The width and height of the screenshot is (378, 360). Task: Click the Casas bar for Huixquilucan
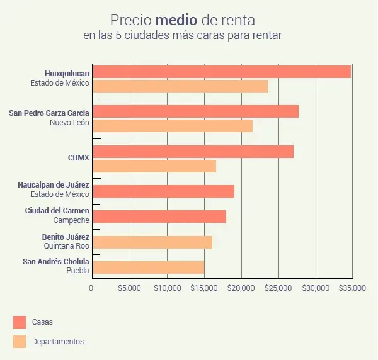[222, 72]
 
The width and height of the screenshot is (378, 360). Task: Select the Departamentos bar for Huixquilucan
[180, 86]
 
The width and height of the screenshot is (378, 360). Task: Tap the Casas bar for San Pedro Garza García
[195, 111]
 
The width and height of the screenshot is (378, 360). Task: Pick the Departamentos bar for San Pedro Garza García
[173, 126]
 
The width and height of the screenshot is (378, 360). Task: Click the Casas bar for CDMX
[193, 152]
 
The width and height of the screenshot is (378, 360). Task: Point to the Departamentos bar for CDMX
[154, 166]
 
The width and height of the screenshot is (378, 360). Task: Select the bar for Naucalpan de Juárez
[164, 191]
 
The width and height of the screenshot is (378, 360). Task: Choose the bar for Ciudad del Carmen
[159, 217]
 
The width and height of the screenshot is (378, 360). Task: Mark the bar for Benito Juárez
[152, 242]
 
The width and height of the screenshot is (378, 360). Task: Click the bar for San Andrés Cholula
[149, 267]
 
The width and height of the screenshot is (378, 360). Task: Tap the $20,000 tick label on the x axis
[240, 289]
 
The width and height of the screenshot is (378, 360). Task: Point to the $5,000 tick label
[129, 289]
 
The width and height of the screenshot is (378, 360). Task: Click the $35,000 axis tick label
[352, 289]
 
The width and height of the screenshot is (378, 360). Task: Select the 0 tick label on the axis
[91, 289]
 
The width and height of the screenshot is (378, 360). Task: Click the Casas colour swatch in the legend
[20, 322]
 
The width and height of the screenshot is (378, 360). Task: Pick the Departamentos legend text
[58, 342]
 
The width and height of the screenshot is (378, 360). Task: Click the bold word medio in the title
[181, 20]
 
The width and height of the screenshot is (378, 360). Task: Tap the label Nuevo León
[69, 123]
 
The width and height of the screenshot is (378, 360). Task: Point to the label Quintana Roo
[66, 246]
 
